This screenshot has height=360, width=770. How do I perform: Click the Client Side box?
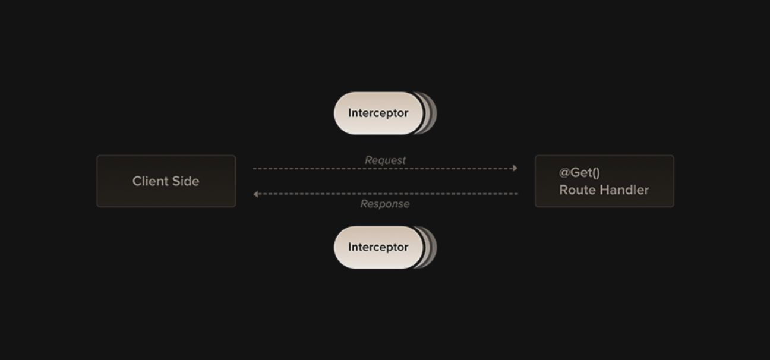pos(166,181)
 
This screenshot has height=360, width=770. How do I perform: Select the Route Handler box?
pos(604,181)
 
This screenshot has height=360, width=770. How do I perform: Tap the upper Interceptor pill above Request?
pos(378,113)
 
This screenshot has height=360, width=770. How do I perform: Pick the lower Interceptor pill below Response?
pos(378,247)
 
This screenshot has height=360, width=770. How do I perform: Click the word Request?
pos(385,160)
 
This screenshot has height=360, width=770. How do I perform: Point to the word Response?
pos(385,204)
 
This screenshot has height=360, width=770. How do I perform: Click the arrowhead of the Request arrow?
pos(515,168)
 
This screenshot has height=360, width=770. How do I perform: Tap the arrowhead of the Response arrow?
pos(256,194)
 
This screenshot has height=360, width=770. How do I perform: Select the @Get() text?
pos(579,173)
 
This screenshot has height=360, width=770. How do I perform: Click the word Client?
pos(149,181)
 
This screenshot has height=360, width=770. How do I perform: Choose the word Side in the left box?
pos(185,181)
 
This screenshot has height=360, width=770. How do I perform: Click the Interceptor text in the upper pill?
pos(378,113)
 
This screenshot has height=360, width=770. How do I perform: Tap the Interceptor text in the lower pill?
pos(378,247)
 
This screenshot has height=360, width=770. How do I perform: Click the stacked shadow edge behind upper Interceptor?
pos(431,113)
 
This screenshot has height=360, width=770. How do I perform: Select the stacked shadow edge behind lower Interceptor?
pos(431,247)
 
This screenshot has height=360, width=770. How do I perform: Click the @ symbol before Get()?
pos(564,173)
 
